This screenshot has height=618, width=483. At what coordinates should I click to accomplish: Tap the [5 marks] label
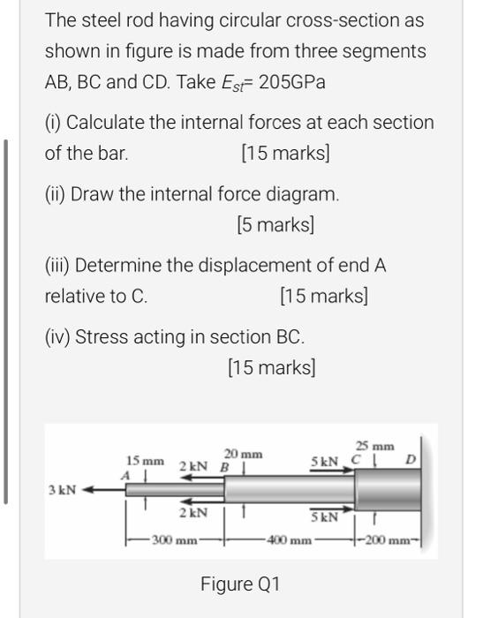coord(275,224)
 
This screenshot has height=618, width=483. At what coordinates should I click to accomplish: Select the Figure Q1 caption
coord(240,584)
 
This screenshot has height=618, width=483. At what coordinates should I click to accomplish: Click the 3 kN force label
coord(62,489)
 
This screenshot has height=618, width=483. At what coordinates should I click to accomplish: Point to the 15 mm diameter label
coord(145,461)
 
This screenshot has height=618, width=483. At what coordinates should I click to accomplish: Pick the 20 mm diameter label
coord(243,451)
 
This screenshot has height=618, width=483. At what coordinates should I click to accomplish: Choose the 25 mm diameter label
coord(374,447)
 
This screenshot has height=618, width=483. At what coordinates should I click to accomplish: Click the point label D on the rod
coord(410,460)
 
